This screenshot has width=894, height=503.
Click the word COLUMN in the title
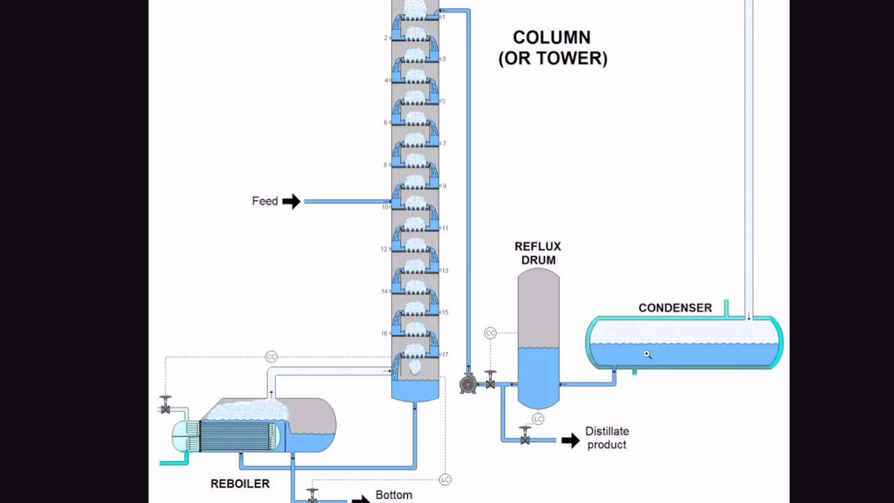(552, 38)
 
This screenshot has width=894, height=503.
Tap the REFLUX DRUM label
(537, 253)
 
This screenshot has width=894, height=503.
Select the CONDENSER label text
(675, 307)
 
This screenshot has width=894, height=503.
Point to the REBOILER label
(240, 483)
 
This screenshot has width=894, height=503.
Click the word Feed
(265, 201)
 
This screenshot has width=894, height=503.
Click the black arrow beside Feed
(291, 202)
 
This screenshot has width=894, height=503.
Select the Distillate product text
(606, 438)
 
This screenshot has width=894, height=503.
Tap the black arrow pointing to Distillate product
(571, 440)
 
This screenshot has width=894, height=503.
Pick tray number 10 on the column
(385, 207)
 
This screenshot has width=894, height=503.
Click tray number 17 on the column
(445, 355)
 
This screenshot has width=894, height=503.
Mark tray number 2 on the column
(386, 38)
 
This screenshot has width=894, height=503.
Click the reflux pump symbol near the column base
(468, 384)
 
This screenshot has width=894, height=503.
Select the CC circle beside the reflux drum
(490, 333)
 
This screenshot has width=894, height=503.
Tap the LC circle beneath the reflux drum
(538, 418)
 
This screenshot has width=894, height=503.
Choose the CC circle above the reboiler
(271, 357)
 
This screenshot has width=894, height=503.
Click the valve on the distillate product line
(525, 439)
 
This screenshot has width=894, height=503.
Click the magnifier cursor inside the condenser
(647, 354)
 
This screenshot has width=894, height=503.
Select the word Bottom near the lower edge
(393, 495)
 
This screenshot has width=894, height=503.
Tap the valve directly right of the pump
(490, 382)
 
